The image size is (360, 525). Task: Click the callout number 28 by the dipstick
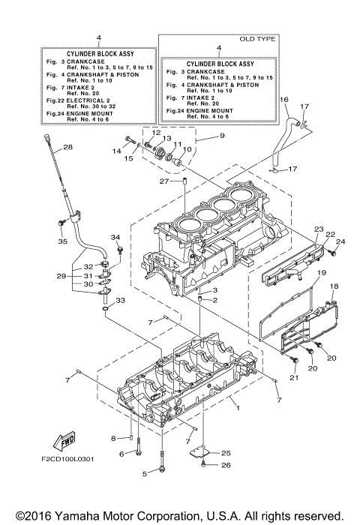67,147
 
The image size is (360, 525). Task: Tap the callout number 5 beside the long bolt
145,473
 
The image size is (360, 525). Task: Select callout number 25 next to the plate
226,453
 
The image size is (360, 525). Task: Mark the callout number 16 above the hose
284,99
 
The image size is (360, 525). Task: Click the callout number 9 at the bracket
200,136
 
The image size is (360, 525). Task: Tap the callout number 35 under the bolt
62,241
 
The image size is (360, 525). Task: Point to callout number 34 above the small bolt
115,238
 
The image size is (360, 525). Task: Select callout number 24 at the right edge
340,241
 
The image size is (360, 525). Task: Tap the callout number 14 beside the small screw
117,151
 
